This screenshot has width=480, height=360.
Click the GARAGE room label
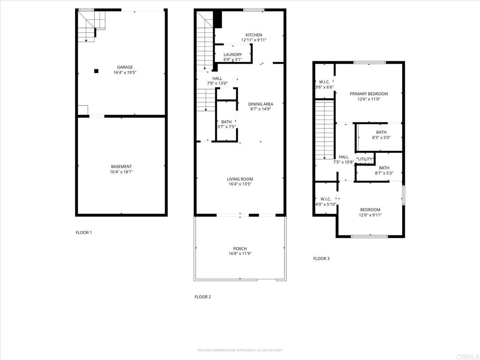point(125,67)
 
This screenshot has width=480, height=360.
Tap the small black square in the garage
point(96,71)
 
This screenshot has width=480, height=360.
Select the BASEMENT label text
point(121,166)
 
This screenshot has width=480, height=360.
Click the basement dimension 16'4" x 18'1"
point(121,172)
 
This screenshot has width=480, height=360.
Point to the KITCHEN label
point(254,35)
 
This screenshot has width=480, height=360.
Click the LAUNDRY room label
point(232,54)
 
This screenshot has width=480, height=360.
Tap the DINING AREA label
point(261,104)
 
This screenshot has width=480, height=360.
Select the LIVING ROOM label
point(240,179)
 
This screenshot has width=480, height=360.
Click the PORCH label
point(240,248)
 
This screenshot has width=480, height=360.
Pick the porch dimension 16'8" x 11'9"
point(240,254)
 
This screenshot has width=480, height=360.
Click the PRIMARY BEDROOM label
point(369,94)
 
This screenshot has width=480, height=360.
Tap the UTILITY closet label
point(365,159)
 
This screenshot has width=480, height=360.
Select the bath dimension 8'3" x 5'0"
point(381,138)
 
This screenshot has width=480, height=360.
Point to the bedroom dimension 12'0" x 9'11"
point(370,215)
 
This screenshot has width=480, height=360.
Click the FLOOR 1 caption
point(84,232)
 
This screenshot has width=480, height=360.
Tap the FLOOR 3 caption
point(321,258)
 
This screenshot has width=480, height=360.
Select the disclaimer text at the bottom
point(240,350)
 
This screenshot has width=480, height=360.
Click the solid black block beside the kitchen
point(217,19)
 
